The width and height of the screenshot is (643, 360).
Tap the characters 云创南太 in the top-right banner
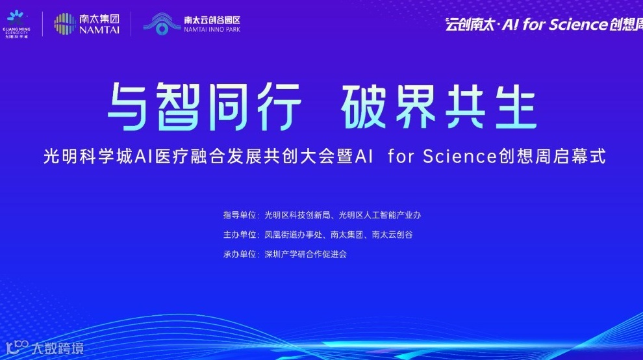[x=466, y=25]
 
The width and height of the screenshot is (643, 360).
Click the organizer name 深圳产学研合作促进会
[x=305, y=254]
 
